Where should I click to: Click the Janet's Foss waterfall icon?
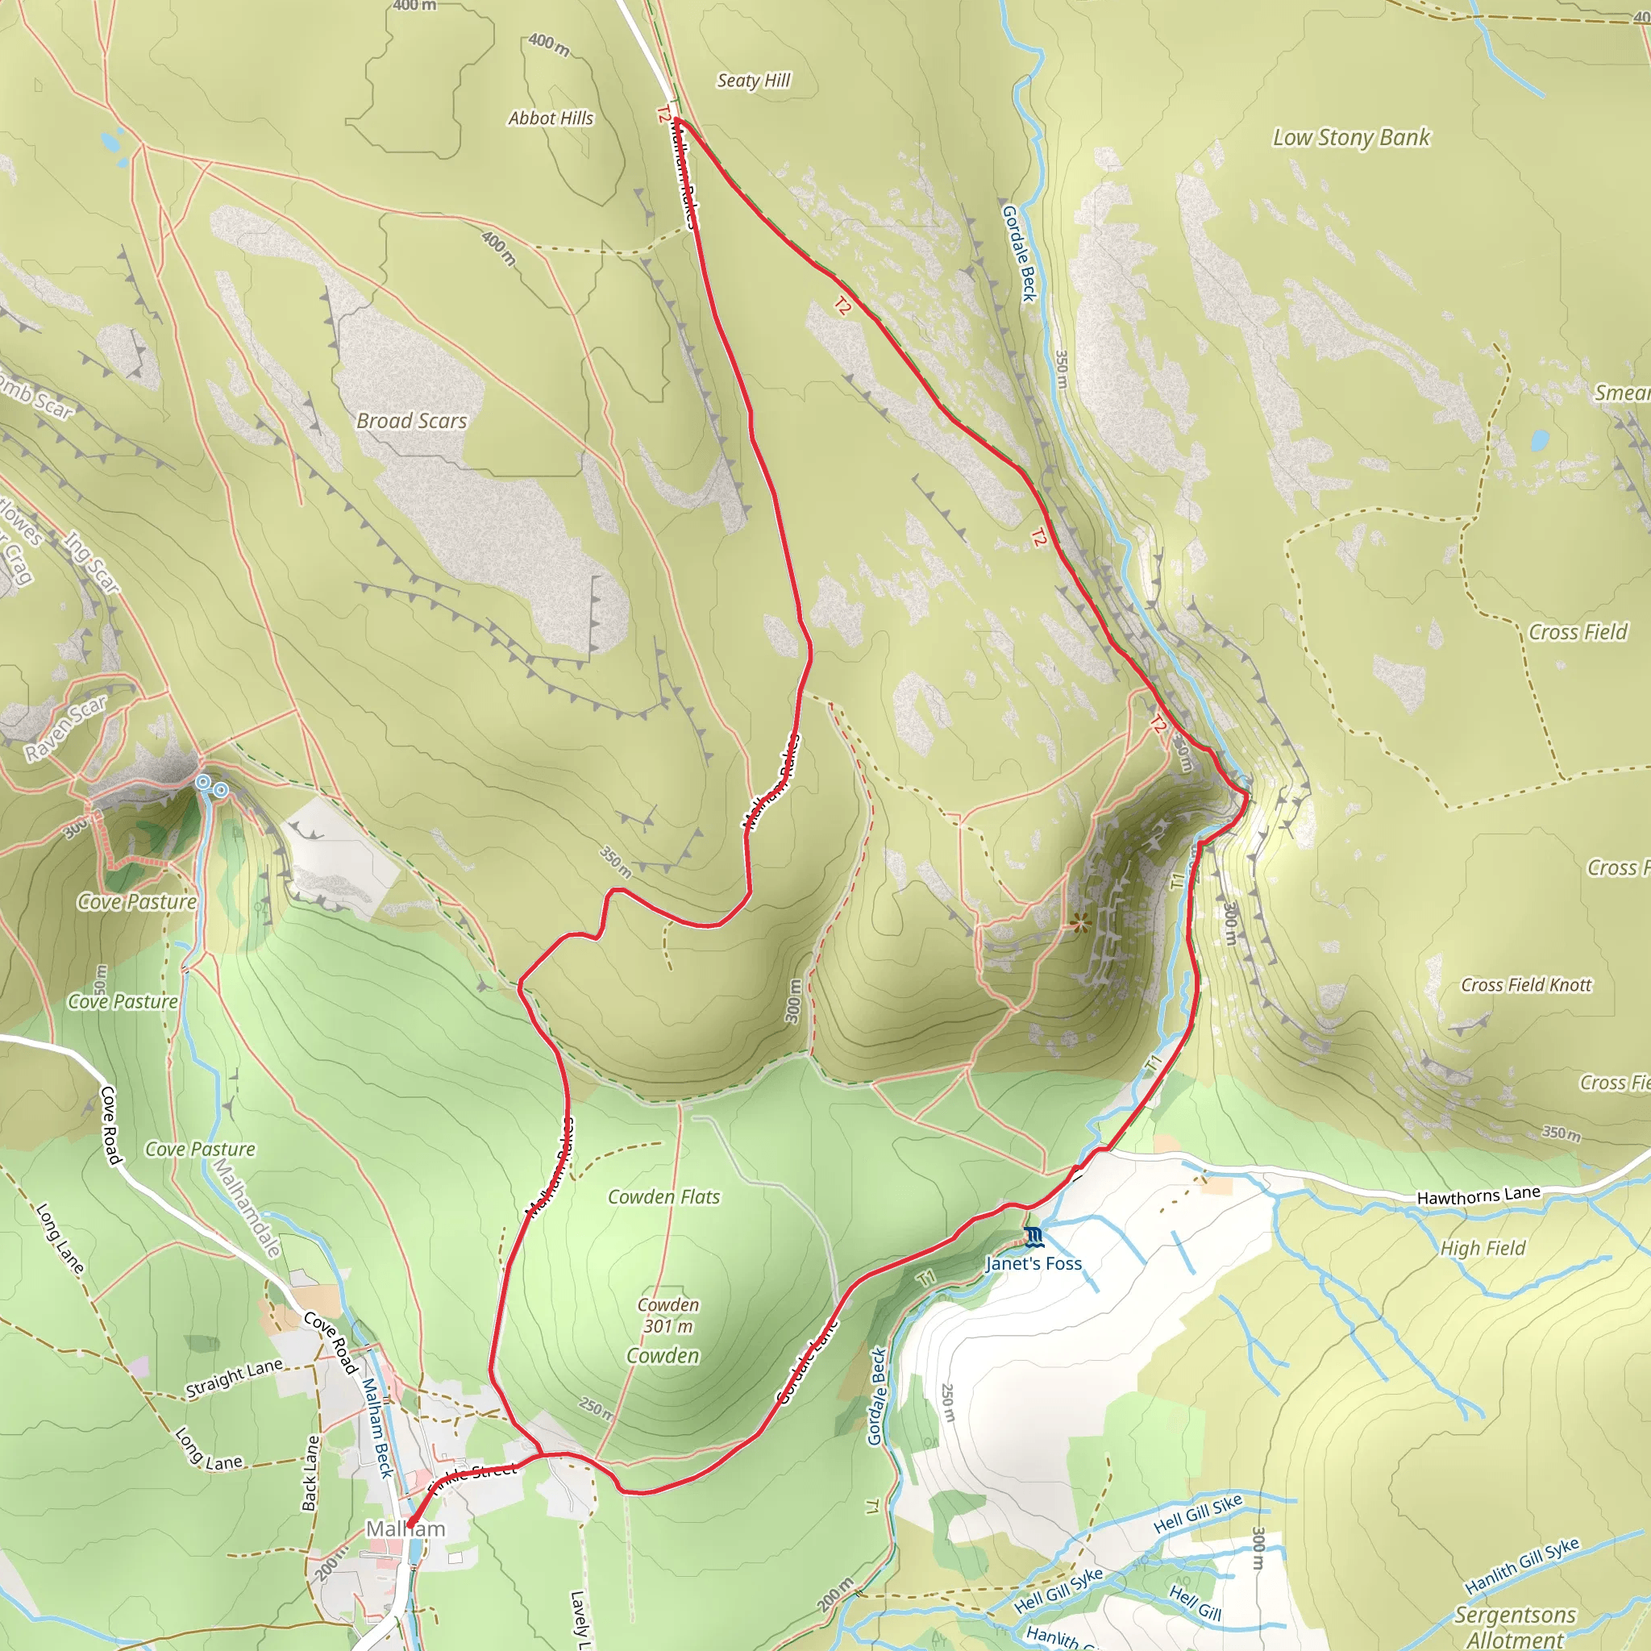point(1033,1237)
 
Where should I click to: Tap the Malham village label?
point(406,1528)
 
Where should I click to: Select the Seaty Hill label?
point(753,81)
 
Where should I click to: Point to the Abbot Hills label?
point(551,118)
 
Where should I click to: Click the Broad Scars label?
point(412,421)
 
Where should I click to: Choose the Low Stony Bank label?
point(1351,138)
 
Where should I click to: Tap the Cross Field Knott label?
point(1525,985)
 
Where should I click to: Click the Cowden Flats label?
point(663,1197)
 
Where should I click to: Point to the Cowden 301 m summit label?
point(668,1316)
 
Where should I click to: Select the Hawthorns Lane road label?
point(1478,1196)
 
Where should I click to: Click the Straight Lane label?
point(234,1379)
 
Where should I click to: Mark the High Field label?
point(1483,1249)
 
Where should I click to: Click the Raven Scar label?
point(65,728)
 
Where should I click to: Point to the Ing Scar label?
point(92,563)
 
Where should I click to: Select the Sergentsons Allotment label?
point(1515,1626)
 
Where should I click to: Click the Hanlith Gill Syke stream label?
point(1522,1566)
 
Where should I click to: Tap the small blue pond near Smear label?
point(1539,440)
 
